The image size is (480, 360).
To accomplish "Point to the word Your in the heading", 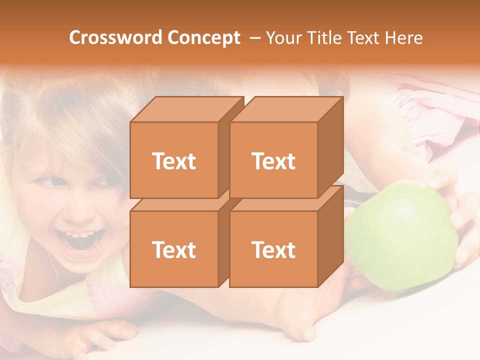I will [283, 38].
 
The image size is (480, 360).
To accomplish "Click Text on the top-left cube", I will [173, 161].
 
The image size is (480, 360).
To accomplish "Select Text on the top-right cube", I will [273, 161].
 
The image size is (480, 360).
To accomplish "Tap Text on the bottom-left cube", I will [173, 249].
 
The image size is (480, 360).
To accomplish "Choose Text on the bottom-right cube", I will [273, 249].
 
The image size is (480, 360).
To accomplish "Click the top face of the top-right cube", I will [286, 109].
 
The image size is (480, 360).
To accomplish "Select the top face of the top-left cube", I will [186, 109].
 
